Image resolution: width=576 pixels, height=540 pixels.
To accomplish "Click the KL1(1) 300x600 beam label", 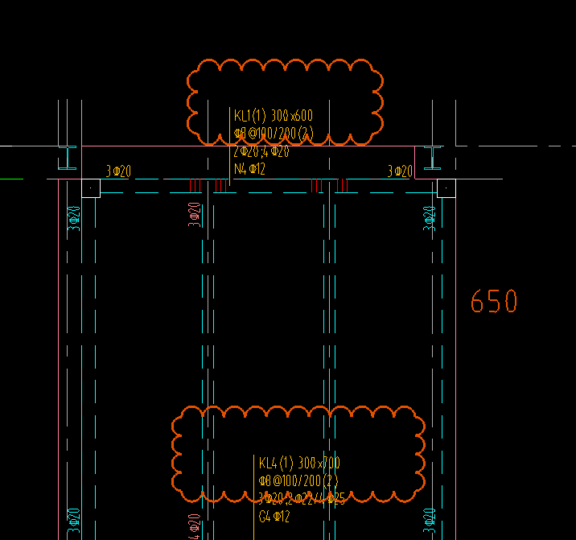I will [x=274, y=116].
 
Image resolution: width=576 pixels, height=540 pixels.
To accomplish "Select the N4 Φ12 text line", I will [x=249, y=169].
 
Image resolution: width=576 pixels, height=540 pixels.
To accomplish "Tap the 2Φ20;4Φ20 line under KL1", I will [x=261, y=151].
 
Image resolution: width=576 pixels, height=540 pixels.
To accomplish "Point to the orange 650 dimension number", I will [x=494, y=302].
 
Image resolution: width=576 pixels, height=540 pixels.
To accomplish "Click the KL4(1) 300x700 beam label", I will [x=299, y=463].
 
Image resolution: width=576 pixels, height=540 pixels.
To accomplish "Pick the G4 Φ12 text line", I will [x=274, y=517].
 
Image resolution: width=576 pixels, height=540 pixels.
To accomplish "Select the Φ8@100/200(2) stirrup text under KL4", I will [x=298, y=480].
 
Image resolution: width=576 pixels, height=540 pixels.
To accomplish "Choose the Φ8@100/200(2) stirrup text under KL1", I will [x=274, y=134].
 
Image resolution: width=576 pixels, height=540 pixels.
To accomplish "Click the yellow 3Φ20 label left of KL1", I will [x=118, y=171].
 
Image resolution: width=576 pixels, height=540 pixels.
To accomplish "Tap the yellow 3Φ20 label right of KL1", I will [x=400, y=171].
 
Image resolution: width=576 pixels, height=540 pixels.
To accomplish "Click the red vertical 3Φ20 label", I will [x=194, y=216].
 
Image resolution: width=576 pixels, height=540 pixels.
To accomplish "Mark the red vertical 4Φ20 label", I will [x=194, y=526].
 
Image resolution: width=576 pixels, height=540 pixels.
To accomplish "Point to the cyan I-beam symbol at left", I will [x=70, y=159].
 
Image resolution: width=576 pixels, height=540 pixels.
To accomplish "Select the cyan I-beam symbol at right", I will [x=434, y=159].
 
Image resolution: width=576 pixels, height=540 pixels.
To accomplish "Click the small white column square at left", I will [x=91, y=188].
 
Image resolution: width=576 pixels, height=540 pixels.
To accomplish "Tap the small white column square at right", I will [x=445, y=188].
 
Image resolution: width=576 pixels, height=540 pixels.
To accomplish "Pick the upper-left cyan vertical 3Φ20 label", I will [x=75, y=219].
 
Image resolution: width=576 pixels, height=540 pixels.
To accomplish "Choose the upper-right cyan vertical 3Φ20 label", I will [x=430, y=219].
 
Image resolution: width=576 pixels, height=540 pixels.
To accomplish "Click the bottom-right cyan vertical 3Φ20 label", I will [x=430, y=522].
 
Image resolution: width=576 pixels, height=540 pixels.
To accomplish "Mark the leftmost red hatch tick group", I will [x=194, y=186].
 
